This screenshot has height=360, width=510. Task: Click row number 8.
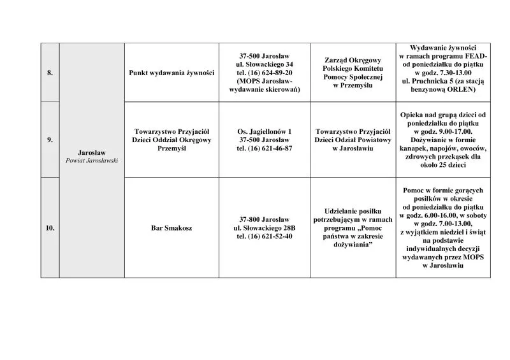(50, 73)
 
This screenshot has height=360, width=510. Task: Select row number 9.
(50, 140)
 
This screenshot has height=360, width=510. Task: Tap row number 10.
(50, 227)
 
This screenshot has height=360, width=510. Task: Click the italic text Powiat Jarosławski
(92, 161)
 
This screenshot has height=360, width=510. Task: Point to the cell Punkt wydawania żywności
(171, 73)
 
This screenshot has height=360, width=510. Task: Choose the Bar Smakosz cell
(171, 227)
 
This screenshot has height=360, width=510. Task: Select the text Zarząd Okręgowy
(352, 60)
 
